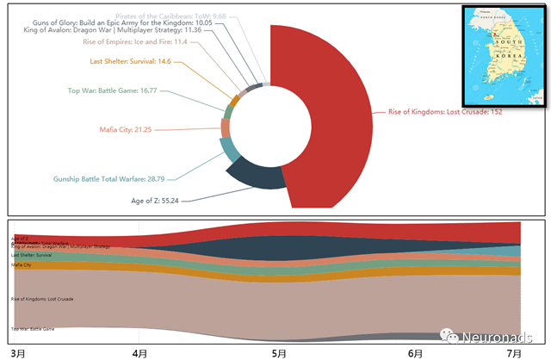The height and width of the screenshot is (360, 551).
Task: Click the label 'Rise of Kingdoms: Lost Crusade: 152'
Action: (x=445, y=112)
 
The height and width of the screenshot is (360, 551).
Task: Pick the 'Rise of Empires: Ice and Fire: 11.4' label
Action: (x=135, y=41)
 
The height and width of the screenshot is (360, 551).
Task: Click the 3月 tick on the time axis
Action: (x=18, y=353)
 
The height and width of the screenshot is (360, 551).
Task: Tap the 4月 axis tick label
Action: (x=140, y=353)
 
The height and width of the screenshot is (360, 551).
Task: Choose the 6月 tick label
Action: (x=415, y=353)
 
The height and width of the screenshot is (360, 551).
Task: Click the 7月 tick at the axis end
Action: (x=514, y=353)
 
